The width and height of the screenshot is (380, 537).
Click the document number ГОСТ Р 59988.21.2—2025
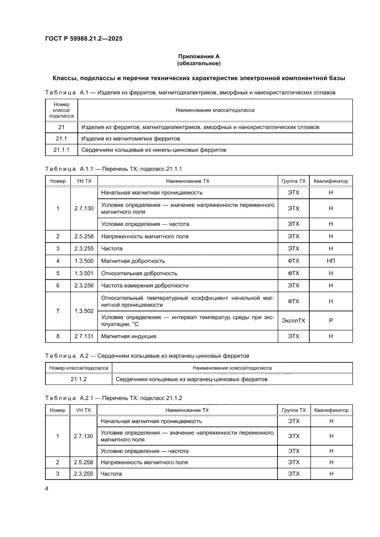pyautogui.click(x=83, y=39)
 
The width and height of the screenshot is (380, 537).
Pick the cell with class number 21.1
pyautogui.click(x=61, y=138)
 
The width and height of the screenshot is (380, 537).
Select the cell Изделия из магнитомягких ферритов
pyautogui.click(x=130, y=138)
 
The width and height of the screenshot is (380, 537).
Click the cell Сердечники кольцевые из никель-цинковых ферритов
pyautogui.click(x=153, y=150)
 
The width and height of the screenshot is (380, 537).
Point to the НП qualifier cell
pyautogui.click(x=330, y=261)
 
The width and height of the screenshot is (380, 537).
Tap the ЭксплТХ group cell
pyautogui.click(x=293, y=320)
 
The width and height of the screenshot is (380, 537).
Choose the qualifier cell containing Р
pyautogui.click(x=330, y=320)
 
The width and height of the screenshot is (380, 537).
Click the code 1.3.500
pyautogui.click(x=83, y=261)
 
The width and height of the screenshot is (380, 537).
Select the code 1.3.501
pyautogui.click(x=83, y=273)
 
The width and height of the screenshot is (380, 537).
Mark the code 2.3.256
pyautogui.click(x=83, y=285)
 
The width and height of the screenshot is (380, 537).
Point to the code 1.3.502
pyautogui.click(x=83, y=311)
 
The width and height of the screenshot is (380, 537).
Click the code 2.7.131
pyautogui.click(x=83, y=336)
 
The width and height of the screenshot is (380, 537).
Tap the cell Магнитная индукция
pyautogui.click(x=129, y=336)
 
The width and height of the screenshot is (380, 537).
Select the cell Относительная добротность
pyautogui.click(x=139, y=273)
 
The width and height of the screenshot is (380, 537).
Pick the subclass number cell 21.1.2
pyautogui.click(x=79, y=379)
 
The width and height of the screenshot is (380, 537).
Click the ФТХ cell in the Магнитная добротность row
pyautogui.click(x=293, y=261)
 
